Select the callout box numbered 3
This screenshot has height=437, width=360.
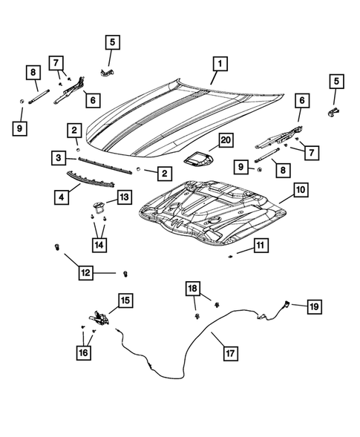tap(58, 157)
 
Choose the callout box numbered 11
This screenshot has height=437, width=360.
tap(259, 246)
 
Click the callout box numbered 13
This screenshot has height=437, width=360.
tap(122, 197)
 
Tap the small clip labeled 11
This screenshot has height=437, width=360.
tap(232, 254)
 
